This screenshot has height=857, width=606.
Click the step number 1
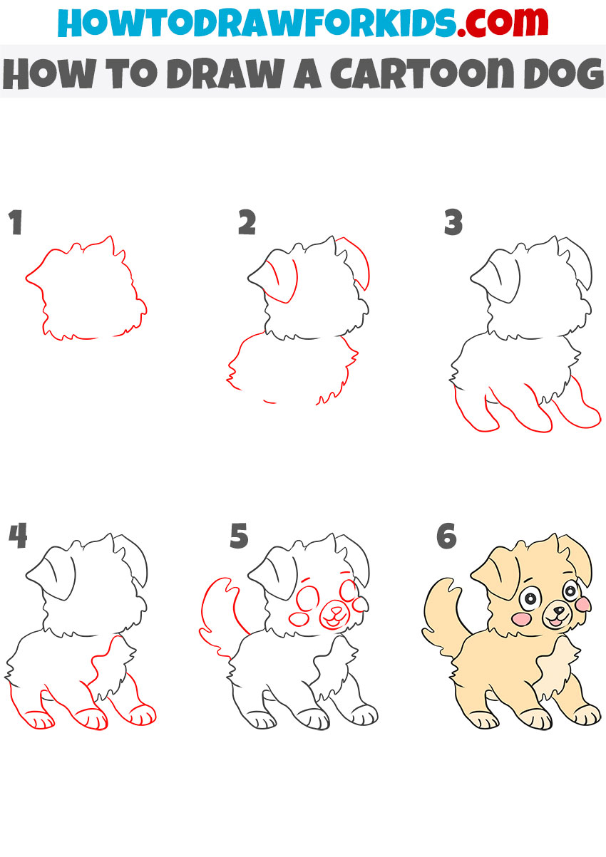(15, 222)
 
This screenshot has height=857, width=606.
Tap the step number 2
(247, 222)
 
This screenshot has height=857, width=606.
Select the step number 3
(453, 222)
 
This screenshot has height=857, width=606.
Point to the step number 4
(18, 536)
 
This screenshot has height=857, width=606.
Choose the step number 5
(239, 536)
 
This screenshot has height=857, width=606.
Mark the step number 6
(446, 536)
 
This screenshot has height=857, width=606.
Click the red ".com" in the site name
(502, 22)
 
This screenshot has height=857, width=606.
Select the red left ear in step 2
(282, 281)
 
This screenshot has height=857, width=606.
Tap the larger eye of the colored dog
(530, 598)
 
